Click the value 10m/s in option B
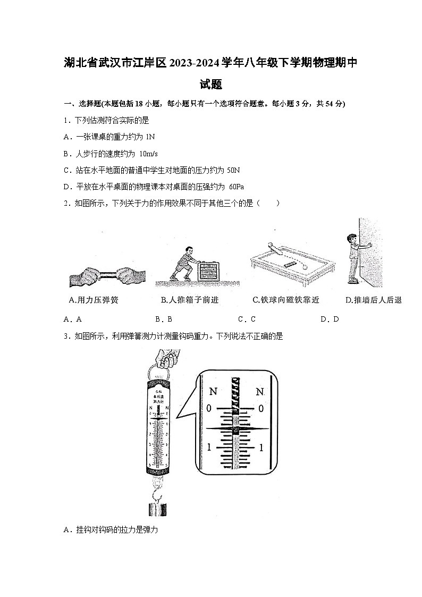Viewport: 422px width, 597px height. (x=148, y=154)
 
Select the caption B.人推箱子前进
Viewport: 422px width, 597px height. (x=190, y=300)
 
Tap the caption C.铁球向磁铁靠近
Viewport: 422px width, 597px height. (x=286, y=300)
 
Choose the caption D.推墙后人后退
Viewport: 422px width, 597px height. (x=374, y=300)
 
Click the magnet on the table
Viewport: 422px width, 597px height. (x=291, y=263)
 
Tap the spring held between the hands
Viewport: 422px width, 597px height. (x=107, y=276)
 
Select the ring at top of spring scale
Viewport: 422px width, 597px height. (x=158, y=370)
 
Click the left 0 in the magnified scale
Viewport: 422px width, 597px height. (x=209, y=408)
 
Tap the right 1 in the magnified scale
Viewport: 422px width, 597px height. (x=260, y=448)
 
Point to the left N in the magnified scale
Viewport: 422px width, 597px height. (x=213, y=392)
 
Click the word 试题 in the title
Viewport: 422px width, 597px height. (x=210, y=84)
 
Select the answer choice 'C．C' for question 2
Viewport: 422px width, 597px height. (x=247, y=319)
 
